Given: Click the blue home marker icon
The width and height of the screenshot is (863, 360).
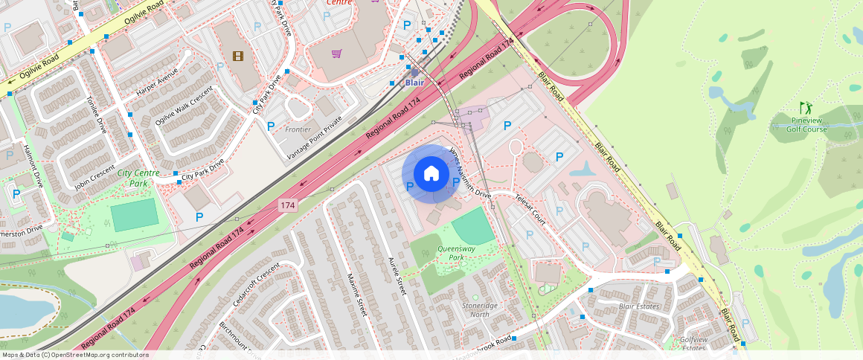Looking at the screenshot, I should click(431, 174).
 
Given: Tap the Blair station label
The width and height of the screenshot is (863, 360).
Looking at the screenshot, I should click(414, 83).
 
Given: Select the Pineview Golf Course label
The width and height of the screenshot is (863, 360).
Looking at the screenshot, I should click(809, 124).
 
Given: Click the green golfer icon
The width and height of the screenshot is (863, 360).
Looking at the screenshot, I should click(806, 108).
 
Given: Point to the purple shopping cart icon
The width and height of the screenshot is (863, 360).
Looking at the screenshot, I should click(336, 54).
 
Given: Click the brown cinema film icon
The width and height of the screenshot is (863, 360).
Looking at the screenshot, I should click(237, 56).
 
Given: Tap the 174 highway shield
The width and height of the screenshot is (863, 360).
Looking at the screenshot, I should click(288, 203).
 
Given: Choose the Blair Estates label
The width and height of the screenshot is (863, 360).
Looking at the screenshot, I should click(638, 306).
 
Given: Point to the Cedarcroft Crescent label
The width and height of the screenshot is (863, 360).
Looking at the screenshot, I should click(256, 283).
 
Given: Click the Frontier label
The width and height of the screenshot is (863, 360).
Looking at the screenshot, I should click(298, 129).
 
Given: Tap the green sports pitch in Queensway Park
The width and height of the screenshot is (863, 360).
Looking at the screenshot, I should click(472, 225).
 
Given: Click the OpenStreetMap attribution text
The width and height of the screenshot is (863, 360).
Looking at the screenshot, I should click(75, 355).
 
